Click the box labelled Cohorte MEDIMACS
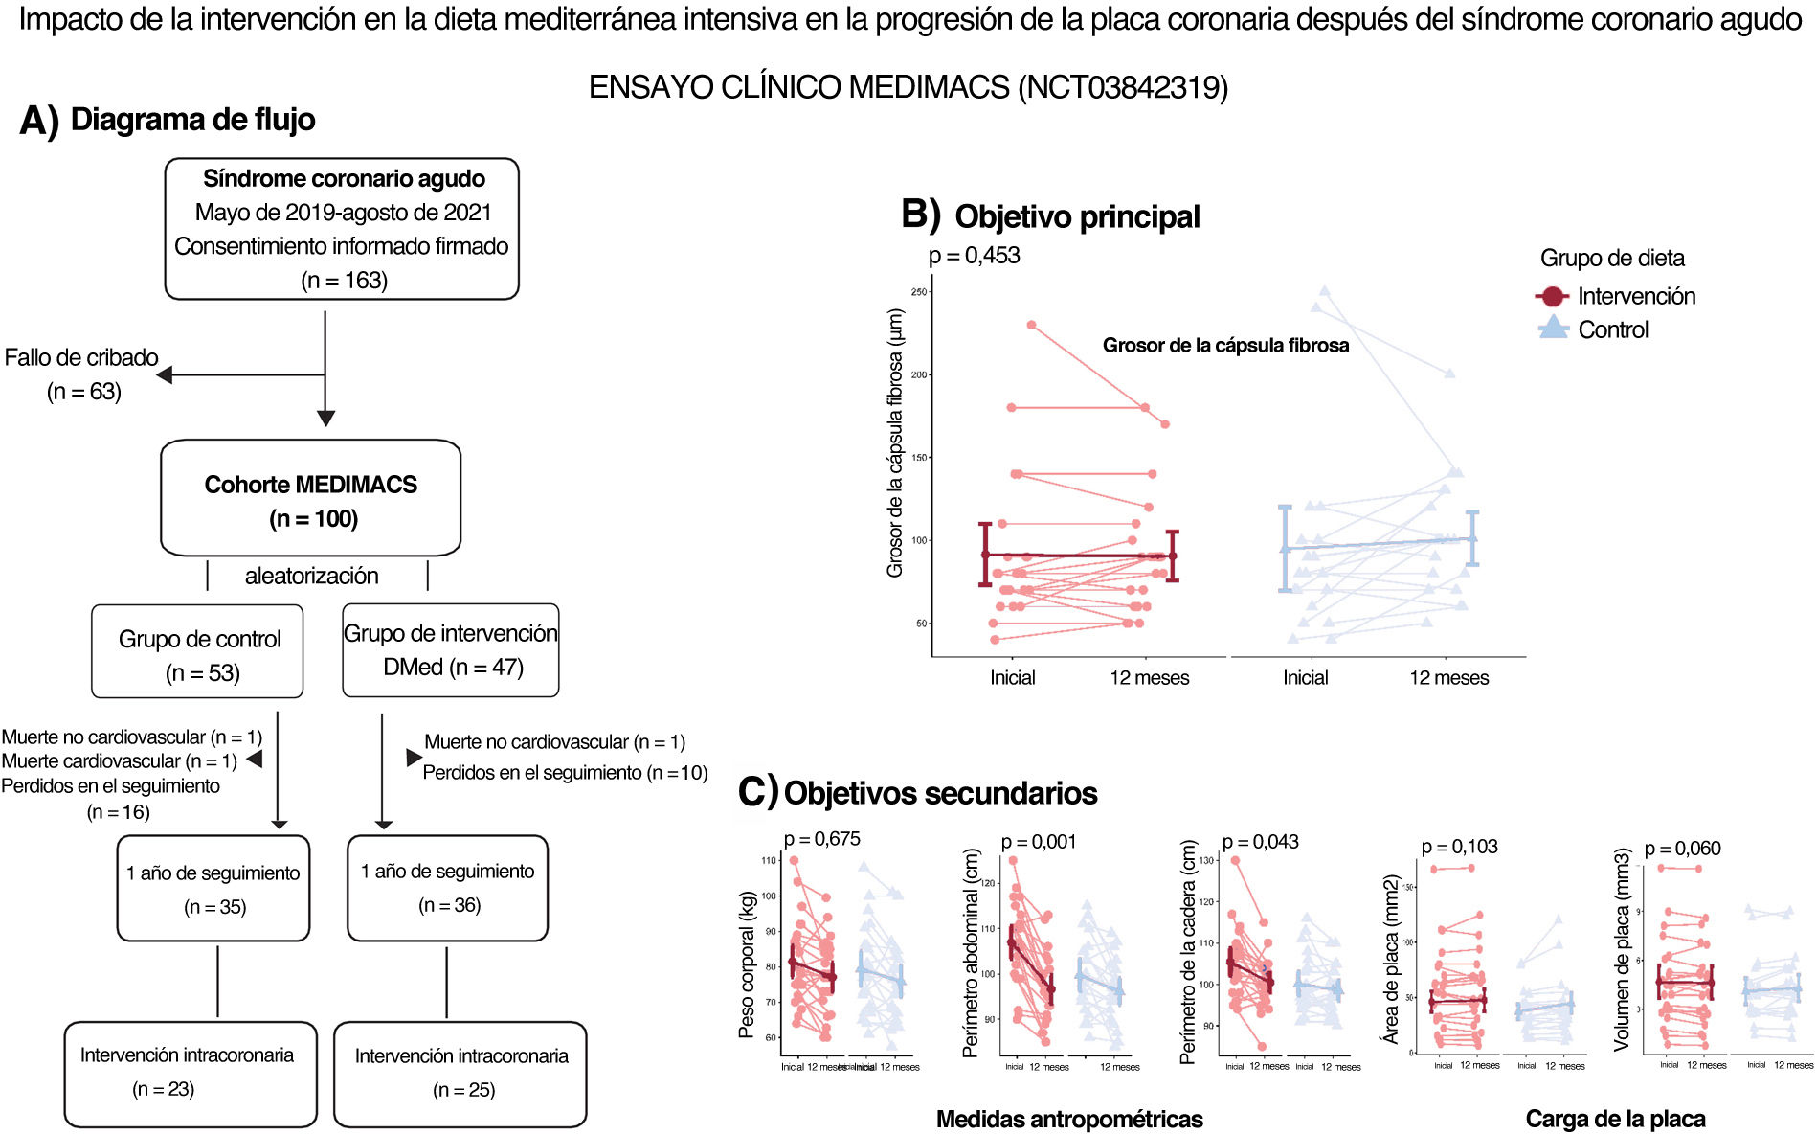(x=310, y=498)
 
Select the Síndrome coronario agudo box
(x=342, y=229)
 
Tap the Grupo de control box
(x=198, y=651)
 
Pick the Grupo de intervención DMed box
(x=451, y=650)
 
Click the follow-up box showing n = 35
(x=213, y=889)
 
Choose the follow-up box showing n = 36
(x=447, y=888)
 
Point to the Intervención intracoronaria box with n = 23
(x=190, y=1074)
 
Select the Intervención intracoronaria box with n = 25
(x=460, y=1074)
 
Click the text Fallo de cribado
(x=81, y=358)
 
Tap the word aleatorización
(x=311, y=576)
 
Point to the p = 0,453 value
(x=975, y=256)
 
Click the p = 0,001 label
(x=1039, y=842)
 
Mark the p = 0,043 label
(x=1261, y=842)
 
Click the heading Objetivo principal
(x=1077, y=216)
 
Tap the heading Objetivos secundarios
(x=940, y=793)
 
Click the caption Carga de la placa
(x=1615, y=1119)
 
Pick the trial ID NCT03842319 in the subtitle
(x=1122, y=88)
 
